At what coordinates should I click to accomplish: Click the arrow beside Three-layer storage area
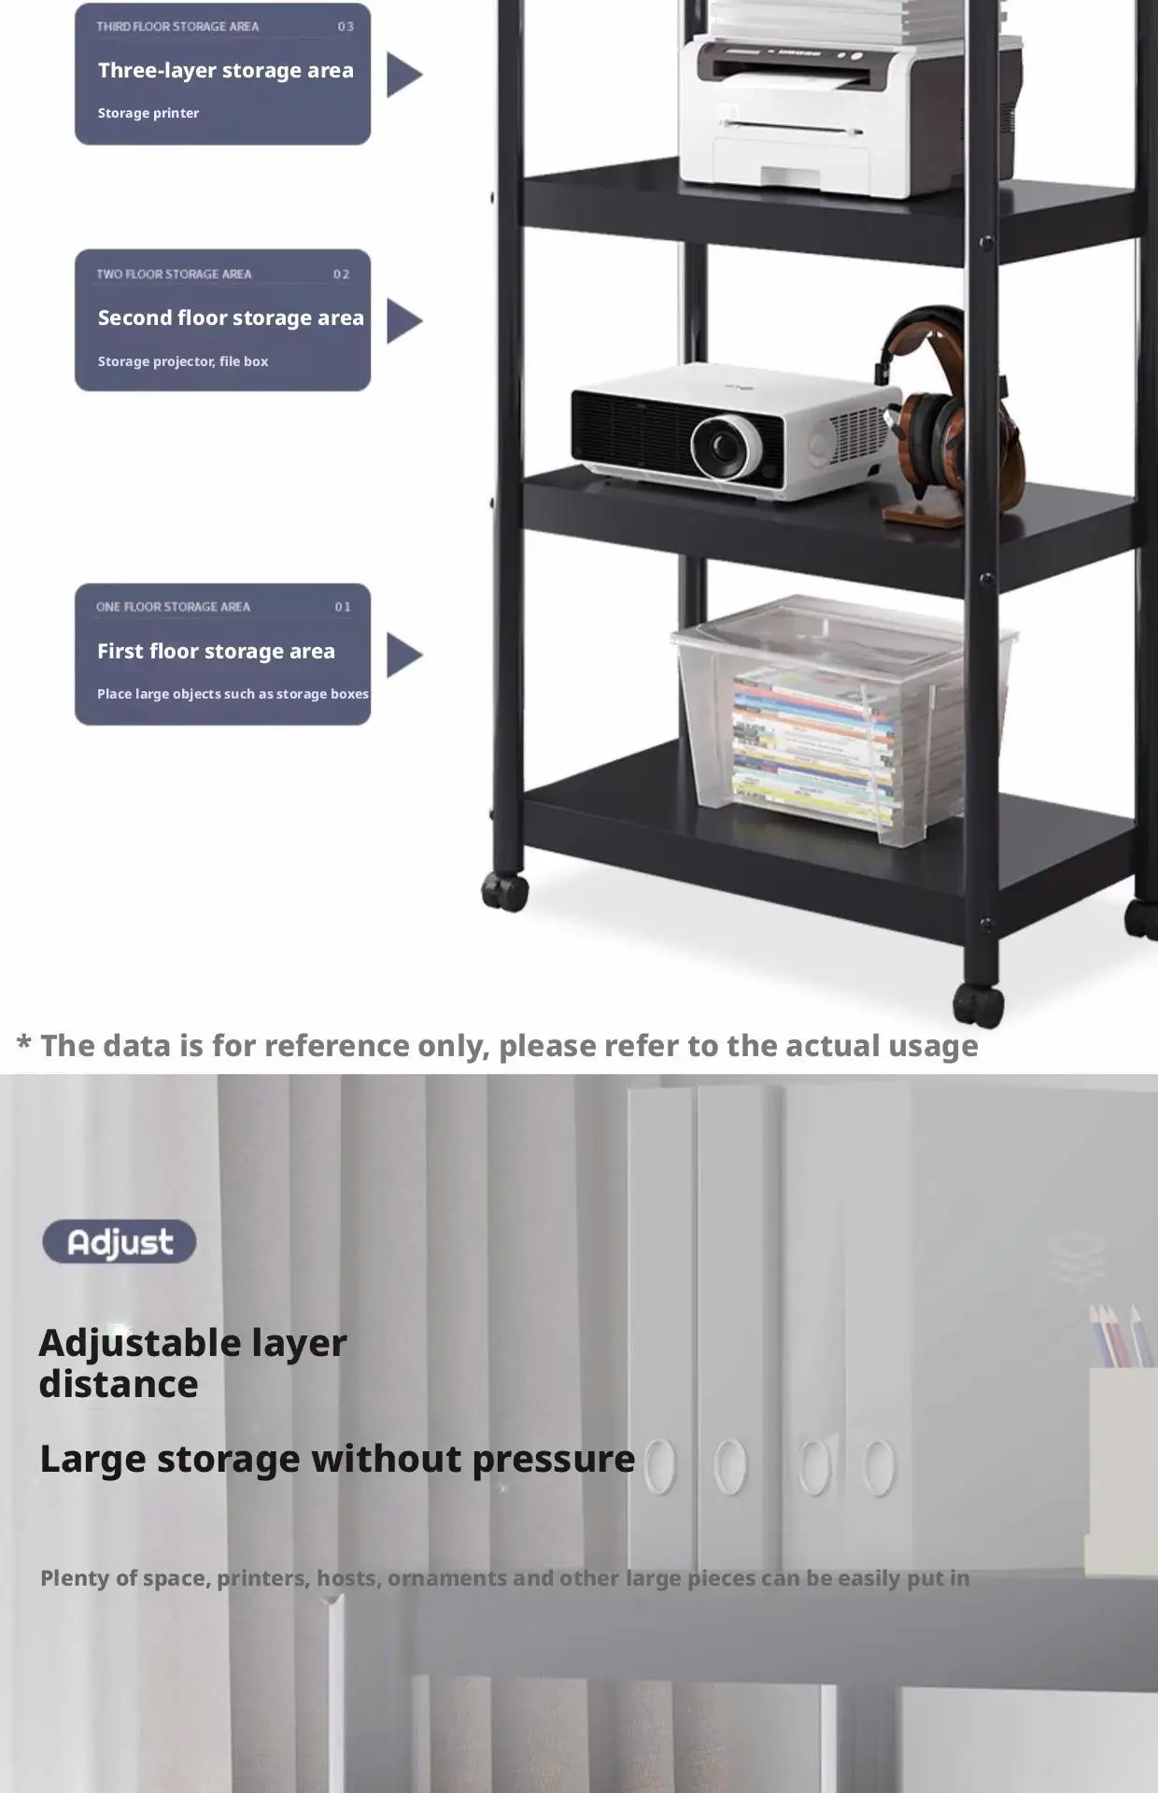[x=403, y=75]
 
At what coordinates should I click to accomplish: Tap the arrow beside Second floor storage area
[x=403, y=321]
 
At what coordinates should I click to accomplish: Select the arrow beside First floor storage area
[x=403, y=655]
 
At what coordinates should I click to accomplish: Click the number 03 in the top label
[x=346, y=27]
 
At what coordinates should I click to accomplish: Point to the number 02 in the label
[x=341, y=275]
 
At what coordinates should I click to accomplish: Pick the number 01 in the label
[x=343, y=607]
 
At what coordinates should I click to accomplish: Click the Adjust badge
[x=120, y=1242]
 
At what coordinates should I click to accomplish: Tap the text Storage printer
[x=148, y=113]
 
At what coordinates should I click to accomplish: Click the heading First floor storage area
[x=216, y=651]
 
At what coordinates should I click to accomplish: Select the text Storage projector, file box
[x=183, y=361]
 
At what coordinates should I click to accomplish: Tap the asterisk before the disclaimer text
[x=24, y=1044]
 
